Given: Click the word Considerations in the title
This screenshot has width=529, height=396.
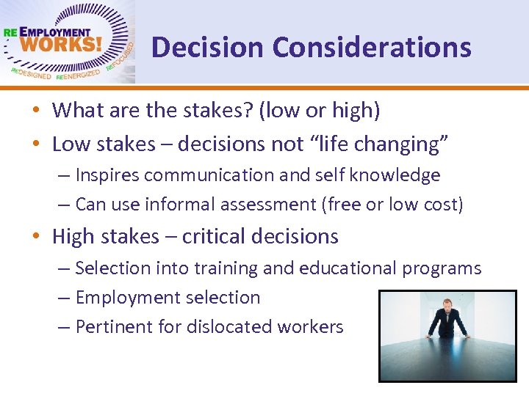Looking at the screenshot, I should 371,48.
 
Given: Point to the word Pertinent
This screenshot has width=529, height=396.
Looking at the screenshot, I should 110,327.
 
